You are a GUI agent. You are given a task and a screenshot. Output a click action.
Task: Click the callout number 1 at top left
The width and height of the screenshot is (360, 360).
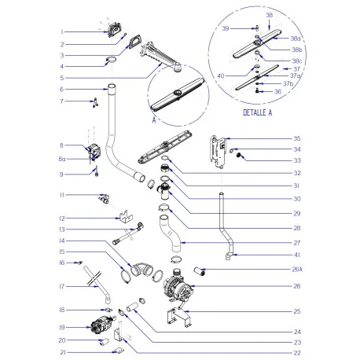[83, 31]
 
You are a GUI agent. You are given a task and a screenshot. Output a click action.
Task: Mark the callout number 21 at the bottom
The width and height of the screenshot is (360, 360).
[83, 352]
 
